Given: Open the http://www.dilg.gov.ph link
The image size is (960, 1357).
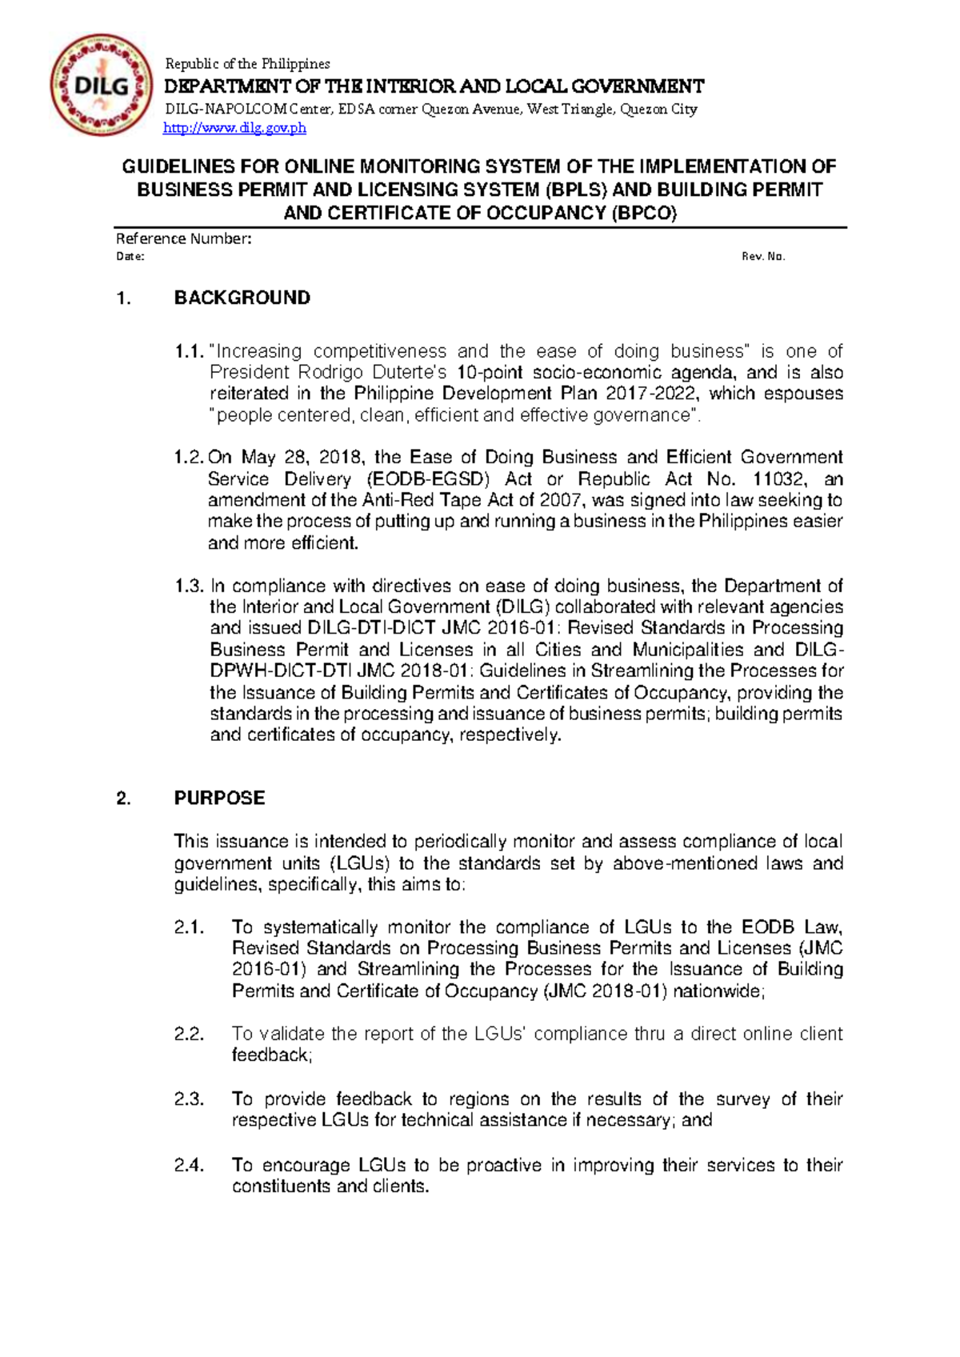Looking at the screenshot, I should click(x=234, y=128).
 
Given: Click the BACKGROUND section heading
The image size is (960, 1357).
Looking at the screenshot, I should click(x=242, y=298).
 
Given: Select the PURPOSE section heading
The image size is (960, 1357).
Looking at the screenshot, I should click(x=219, y=799).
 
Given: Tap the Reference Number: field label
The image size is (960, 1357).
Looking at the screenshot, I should click(x=184, y=238).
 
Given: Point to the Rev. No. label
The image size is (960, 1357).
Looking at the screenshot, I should click(x=763, y=257).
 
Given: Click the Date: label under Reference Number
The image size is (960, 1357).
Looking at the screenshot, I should click(x=130, y=257).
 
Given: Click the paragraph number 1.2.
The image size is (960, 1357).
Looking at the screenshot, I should click(x=190, y=458).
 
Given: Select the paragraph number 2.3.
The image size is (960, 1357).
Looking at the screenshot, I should click(x=190, y=1099).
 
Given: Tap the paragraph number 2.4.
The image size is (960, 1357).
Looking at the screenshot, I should click(x=190, y=1165).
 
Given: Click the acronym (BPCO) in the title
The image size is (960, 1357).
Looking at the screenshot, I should click(x=644, y=213).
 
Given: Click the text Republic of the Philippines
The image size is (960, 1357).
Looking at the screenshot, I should click(x=246, y=64).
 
